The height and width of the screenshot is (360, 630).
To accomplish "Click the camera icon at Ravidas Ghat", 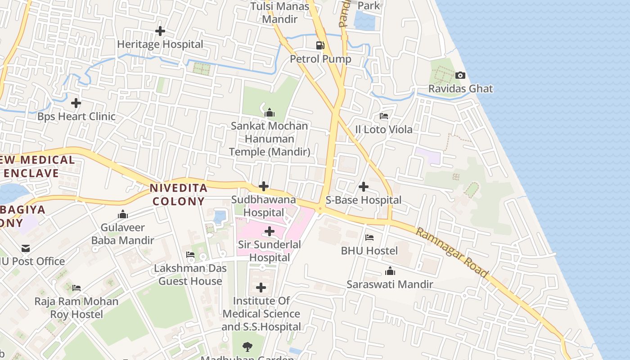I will point(460,75).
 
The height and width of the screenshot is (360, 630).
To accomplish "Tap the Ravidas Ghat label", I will point(460,89).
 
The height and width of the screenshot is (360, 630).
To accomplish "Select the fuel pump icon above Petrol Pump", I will point(320,45).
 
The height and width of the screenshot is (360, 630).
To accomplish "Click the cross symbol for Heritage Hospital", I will point(160,31).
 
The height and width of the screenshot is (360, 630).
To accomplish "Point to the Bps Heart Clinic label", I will point(76,117).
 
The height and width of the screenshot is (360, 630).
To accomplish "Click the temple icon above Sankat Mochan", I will point(270,112).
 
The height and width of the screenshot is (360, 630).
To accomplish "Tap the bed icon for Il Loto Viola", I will point(384,116).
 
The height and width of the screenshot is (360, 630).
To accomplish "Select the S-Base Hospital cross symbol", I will point(364,186).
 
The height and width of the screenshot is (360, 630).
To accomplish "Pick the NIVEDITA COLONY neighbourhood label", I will point(179,194).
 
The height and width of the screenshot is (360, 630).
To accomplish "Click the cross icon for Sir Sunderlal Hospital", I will point(270,231).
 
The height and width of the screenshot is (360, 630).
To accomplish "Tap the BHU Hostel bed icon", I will point(369,237).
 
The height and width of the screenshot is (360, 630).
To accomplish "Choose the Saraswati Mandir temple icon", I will point(390,271).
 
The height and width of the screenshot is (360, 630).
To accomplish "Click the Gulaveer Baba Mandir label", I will point(123,234).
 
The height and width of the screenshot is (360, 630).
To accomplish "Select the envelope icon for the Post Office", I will point(26,248).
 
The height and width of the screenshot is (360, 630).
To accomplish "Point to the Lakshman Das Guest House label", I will point(190,274).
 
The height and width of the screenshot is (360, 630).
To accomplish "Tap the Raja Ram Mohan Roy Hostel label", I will point(76,308).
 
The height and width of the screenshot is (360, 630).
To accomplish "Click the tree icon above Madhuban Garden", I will point(247,346).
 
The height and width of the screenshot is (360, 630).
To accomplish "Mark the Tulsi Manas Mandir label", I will point(280,13).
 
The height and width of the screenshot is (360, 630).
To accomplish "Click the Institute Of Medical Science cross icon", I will point(261,287).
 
